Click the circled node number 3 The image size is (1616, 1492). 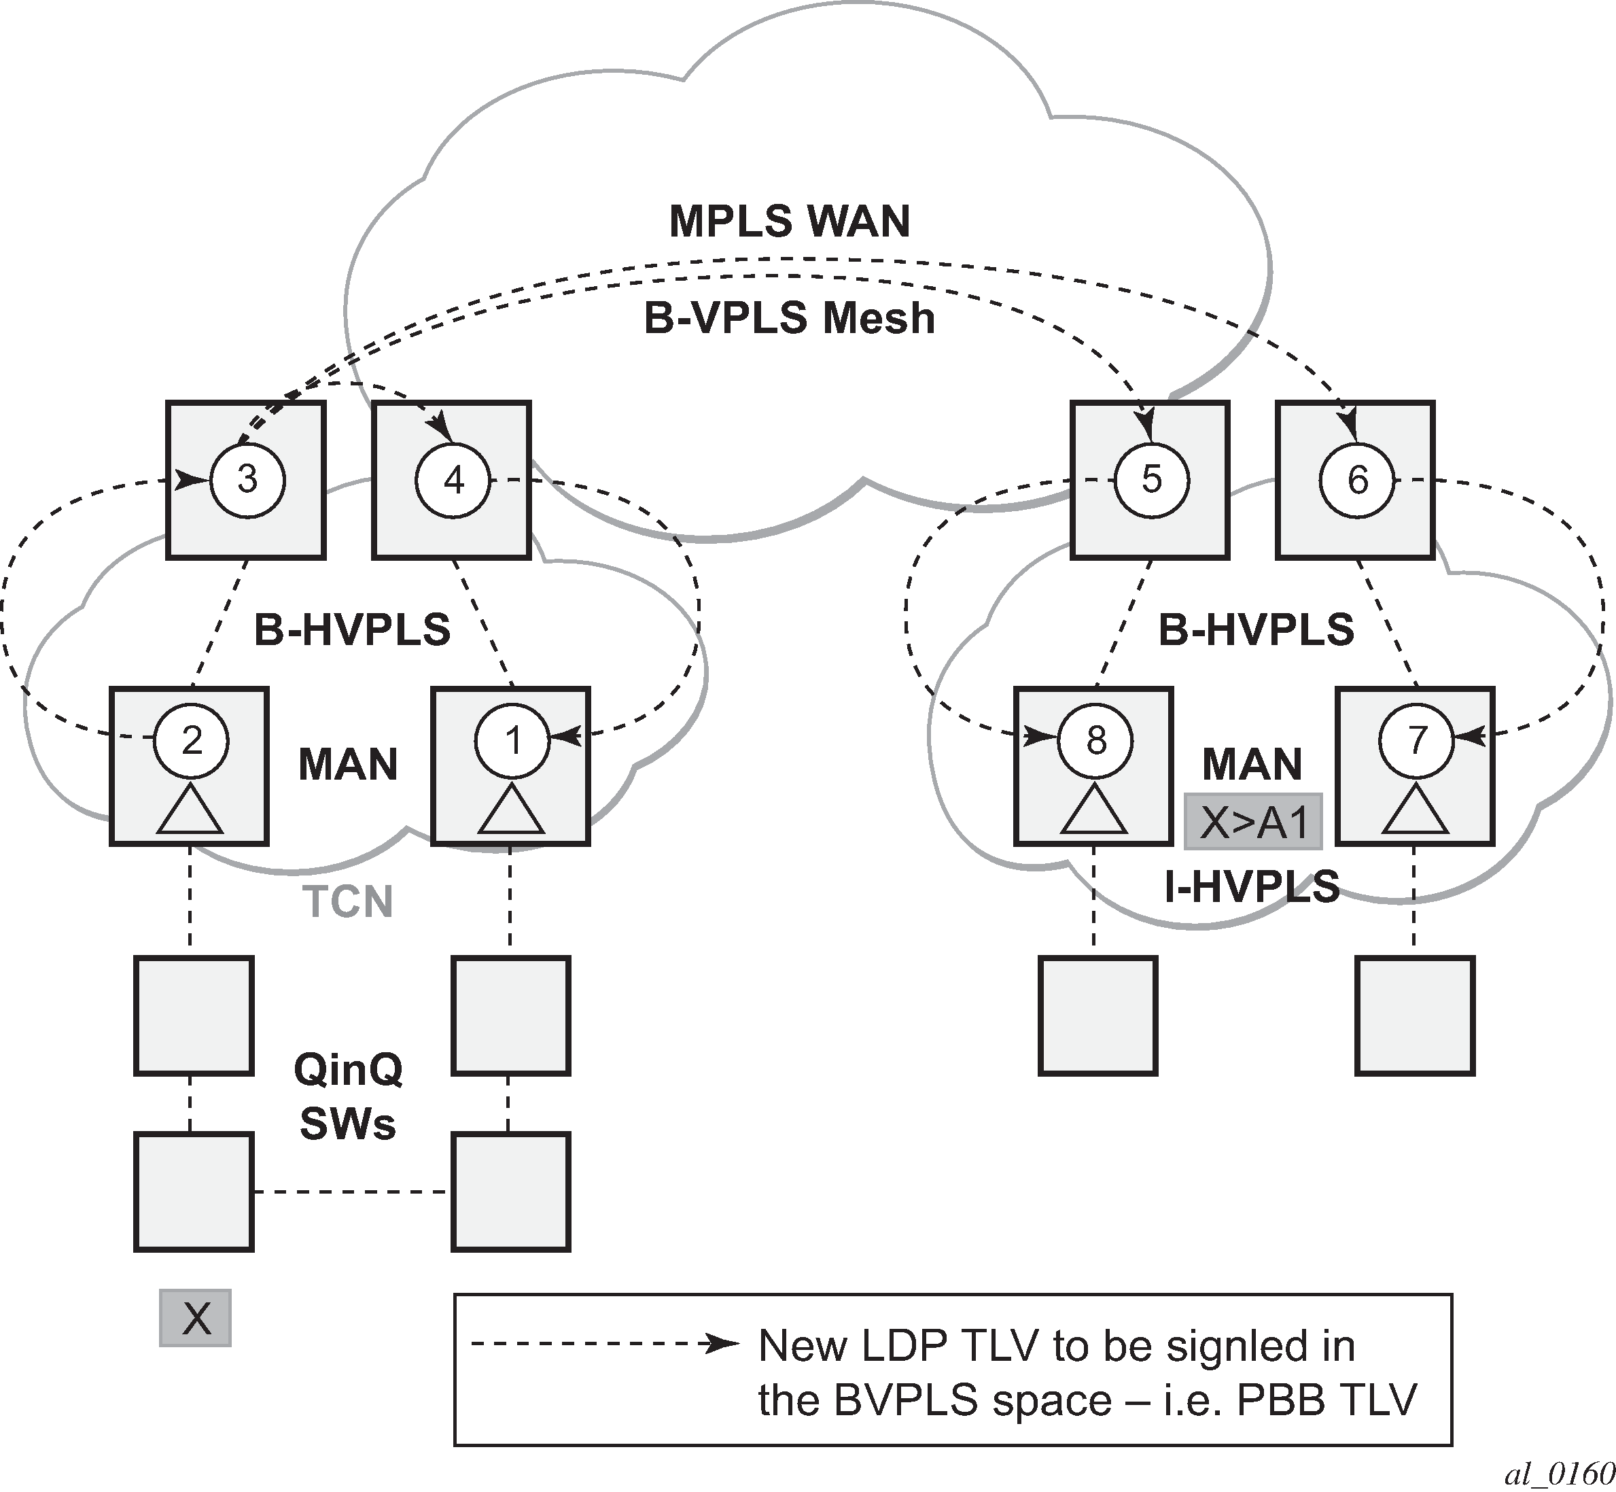coord(247,480)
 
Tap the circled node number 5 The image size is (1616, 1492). coord(1151,480)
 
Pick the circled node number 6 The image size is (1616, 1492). coord(1357,481)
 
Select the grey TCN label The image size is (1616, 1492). coord(348,901)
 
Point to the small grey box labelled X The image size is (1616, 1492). coord(195,1317)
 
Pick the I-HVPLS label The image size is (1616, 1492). coord(1252,886)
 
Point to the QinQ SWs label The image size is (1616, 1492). coord(348,1096)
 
